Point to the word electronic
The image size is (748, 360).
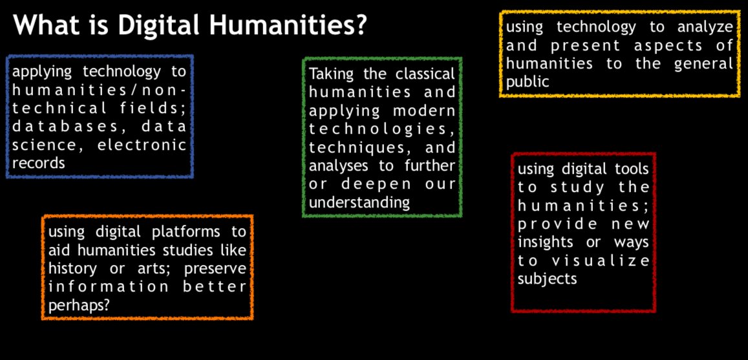(142, 145)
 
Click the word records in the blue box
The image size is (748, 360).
(38, 163)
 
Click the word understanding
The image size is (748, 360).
(359, 202)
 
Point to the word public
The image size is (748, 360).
(528, 81)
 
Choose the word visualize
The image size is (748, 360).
(600, 261)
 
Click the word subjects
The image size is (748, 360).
(547, 279)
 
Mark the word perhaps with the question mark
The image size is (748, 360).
(78, 305)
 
